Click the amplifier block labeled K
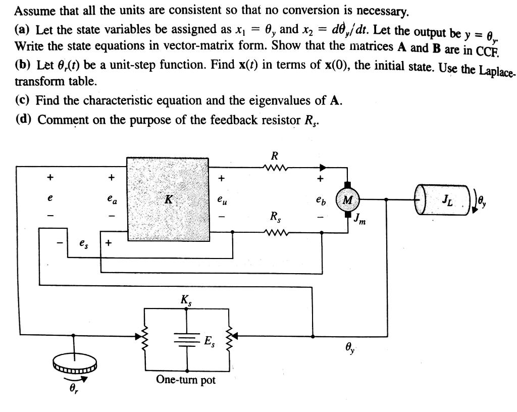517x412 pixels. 168,199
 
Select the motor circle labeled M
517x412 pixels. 348,200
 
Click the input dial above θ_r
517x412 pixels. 74,364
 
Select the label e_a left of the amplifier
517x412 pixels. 112,200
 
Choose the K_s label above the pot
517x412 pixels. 186,300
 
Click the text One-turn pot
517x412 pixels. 186,380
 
